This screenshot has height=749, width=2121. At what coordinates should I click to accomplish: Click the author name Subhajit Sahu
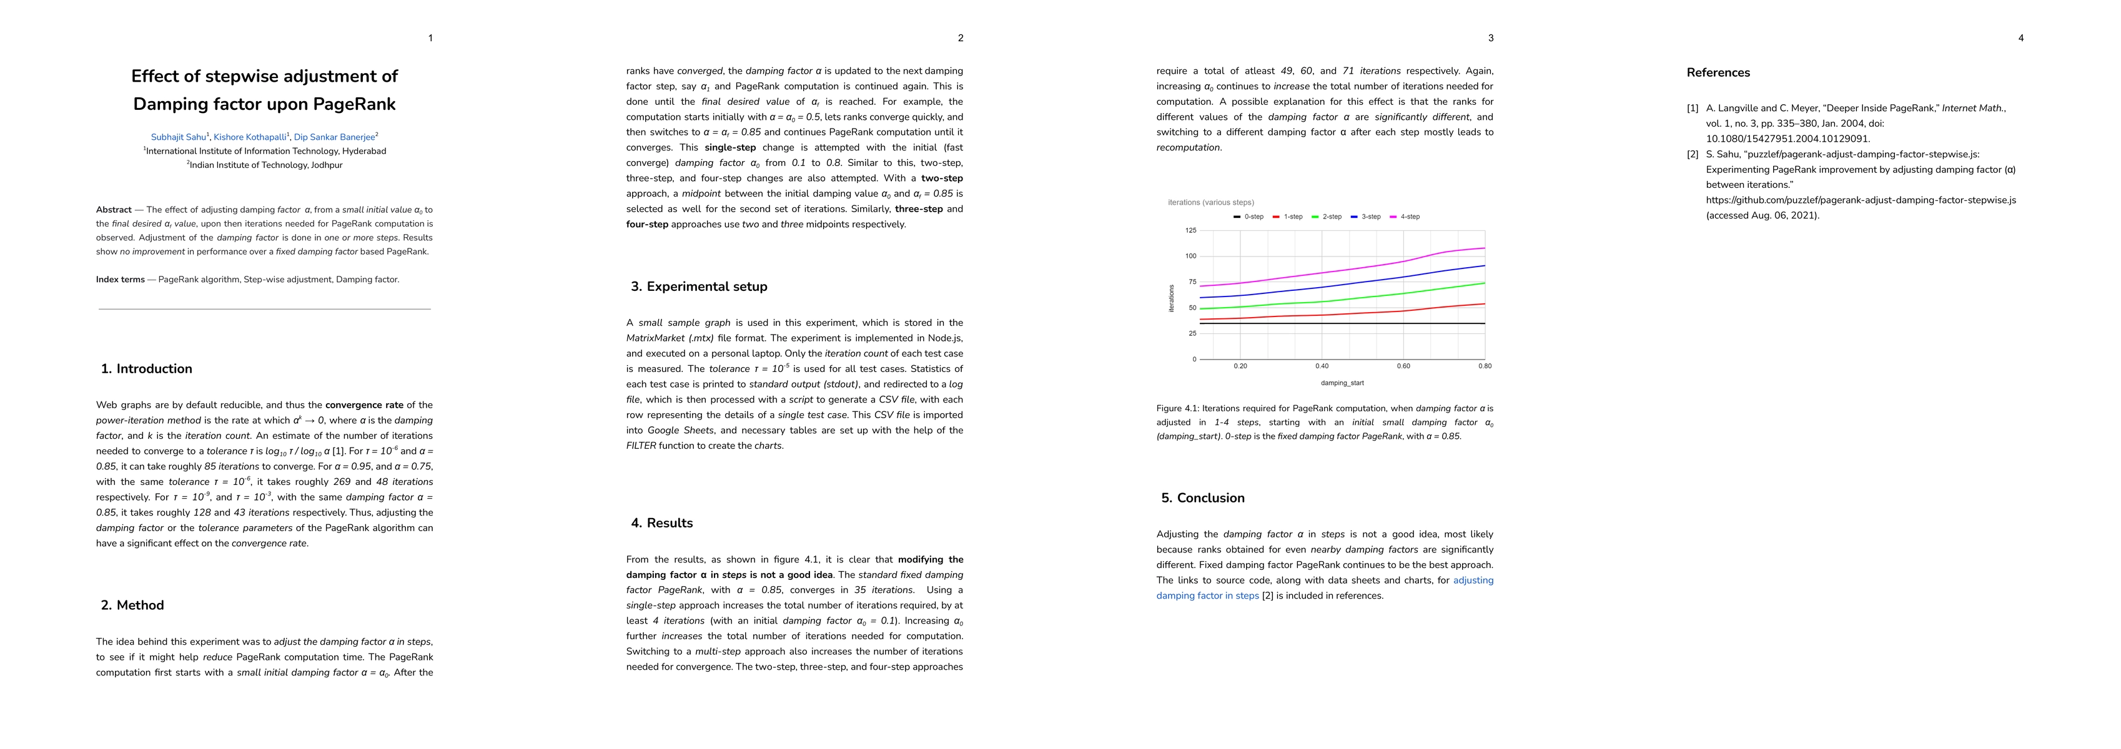coord(178,137)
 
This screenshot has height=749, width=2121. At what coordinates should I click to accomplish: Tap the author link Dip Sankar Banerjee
coord(334,137)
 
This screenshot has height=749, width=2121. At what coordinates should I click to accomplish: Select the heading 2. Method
coord(132,605)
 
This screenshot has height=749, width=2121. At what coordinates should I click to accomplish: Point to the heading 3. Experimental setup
coord(698,286)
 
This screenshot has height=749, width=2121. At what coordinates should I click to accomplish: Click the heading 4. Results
coord(661,522)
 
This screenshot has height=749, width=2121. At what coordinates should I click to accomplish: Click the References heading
coord(1718,72)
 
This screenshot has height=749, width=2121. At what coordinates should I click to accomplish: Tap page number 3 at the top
coord(1490,38)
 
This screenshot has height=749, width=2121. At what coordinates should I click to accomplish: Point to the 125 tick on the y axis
coord(1190,230)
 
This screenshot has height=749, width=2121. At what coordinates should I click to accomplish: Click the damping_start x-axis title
coord(1342,383)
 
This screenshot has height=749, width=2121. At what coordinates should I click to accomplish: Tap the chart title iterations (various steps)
coord(1210,202)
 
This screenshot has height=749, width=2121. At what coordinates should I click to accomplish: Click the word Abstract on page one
coord(114,210)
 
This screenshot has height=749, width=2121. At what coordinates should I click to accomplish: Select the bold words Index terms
coord(120,280)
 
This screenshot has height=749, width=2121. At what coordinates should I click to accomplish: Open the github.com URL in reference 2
coord(1860,200)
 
